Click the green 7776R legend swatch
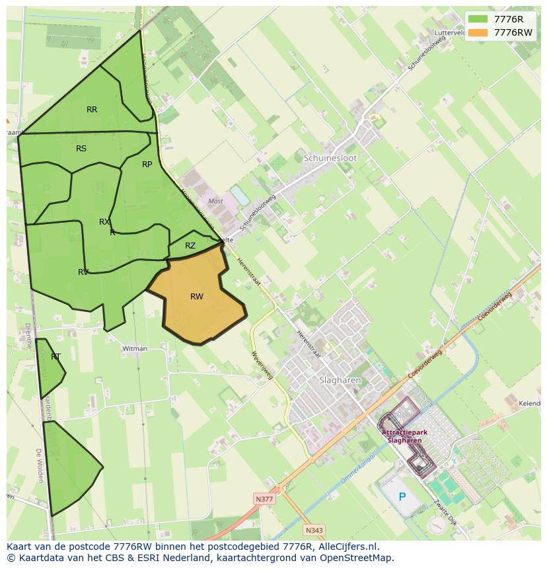coord(478,19)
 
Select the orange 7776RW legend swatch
coord(478,32)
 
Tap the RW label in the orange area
coord(197,297)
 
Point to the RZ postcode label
coord(190,246)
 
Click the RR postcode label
coord(92,110)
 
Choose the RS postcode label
coord(81,149)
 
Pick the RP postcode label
coord(147,165)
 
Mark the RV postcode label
coord(83,272)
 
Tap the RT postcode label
coord(55,357)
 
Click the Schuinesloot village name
coord(330,159)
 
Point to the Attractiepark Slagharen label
coord(404,436)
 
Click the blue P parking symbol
coord(402,496)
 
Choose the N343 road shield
coord(314,530)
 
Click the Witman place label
coord(134,348)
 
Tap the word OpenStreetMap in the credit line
coord(356,558)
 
